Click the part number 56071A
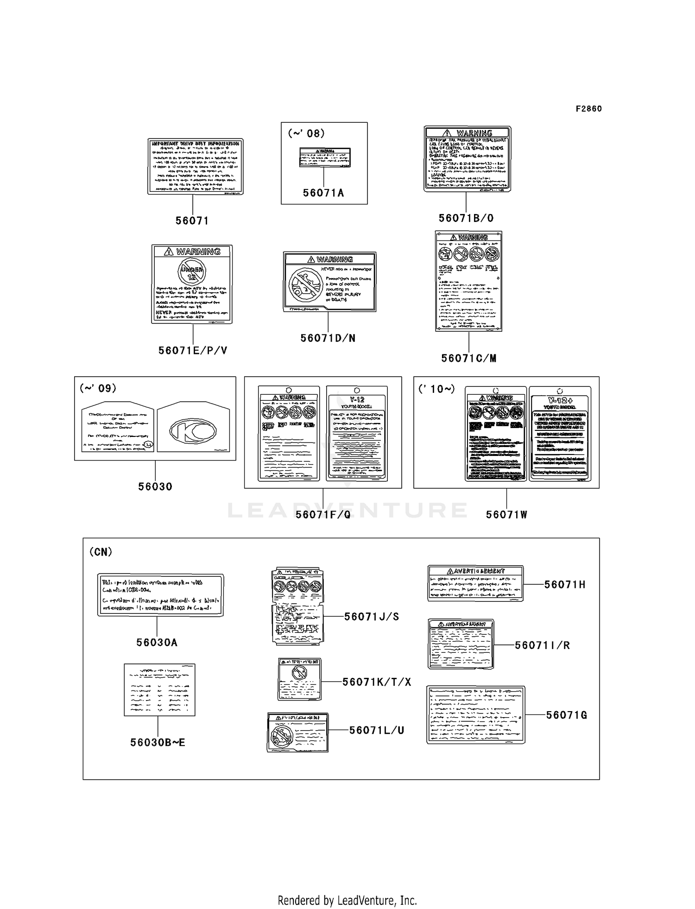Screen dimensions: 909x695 (x=323, y=193)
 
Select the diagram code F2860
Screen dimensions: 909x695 (x=588, y=109)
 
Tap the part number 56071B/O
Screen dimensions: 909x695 (x=466, y=218)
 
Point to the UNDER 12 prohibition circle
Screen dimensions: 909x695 (x=192, y=271)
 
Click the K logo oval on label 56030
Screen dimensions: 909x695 (x=193, y=431)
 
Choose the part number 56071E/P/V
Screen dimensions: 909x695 (x=193, y=351)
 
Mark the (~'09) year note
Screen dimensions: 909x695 (x=98, y=388)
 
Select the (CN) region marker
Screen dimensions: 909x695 (x=101, y=552)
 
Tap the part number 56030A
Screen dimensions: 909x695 (x=157, y=643)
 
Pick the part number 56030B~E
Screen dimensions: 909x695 (x=158, y=743)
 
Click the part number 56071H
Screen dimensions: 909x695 (x=565, y=585)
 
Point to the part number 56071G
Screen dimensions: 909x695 (x=566, y=715)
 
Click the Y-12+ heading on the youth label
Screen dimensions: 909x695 (x=560, y=399)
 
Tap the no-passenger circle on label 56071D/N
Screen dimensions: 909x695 (x=304, y=283)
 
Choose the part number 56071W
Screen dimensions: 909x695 (x=506, y=515)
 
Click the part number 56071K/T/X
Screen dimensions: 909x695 (x=377, y=682)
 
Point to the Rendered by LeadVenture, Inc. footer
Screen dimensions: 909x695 (x=347, y=888)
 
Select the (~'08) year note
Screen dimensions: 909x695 (x=306, y=133)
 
